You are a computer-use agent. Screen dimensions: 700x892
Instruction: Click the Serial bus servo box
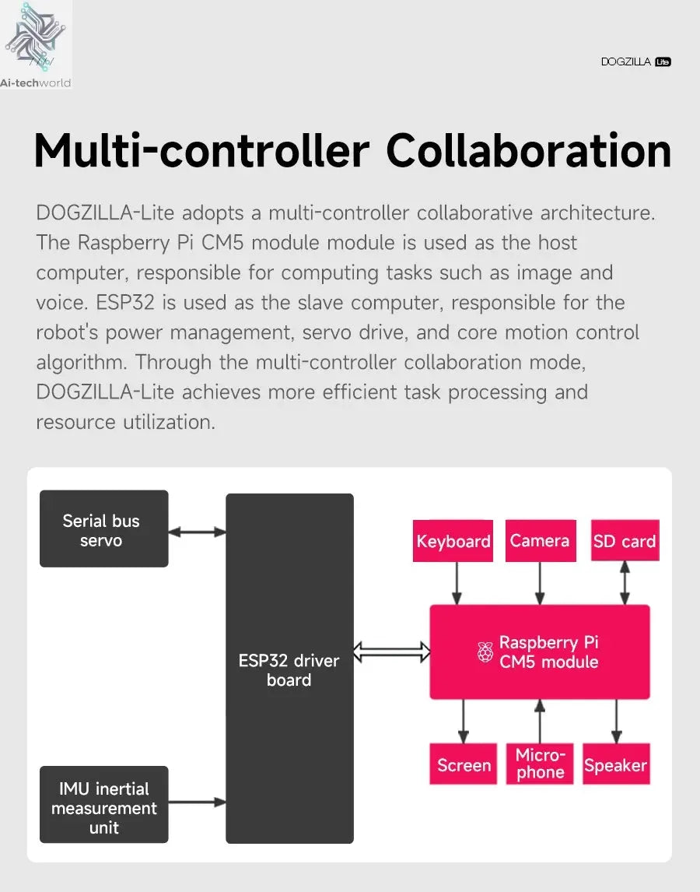[104, 529]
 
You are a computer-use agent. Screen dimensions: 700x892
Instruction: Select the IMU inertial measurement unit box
[104, 804]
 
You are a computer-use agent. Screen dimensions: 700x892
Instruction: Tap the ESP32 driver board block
[289, 668]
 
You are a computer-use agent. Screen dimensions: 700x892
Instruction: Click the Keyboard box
[453, 540]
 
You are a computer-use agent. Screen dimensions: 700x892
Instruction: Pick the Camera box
[541, 540]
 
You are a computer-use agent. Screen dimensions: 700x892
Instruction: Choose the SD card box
[625, 540]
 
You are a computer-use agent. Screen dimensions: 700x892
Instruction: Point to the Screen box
[464, 764]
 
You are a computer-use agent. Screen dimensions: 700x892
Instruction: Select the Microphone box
[540, 764]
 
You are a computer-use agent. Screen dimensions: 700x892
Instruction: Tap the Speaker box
[616, 764]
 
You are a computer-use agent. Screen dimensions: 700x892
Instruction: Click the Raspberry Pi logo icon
[485, 652]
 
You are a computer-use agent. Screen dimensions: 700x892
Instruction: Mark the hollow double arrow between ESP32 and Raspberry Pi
[392, 652]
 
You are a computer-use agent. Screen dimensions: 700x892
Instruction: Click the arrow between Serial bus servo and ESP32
[197, 532]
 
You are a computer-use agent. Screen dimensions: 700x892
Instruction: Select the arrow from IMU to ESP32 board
[197, 802]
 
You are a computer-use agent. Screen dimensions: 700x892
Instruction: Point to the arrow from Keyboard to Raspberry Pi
[456, 583]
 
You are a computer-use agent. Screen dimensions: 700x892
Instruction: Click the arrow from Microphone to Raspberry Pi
[540, 722]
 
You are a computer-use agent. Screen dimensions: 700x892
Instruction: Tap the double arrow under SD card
[625, 583]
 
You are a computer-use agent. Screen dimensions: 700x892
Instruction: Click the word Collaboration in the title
[529, 151]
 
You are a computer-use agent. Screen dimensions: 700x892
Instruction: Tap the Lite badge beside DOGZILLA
[663, 61]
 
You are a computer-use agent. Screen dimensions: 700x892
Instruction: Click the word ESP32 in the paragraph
[125, 302]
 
